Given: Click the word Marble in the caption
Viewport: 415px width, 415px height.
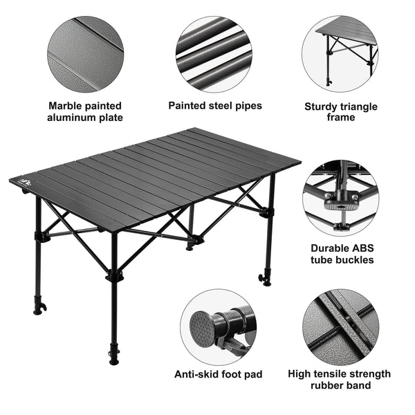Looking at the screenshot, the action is [64, 106].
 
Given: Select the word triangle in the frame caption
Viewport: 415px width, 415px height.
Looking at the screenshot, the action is [358, 107].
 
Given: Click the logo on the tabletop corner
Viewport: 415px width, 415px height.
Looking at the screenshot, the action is [26, 181].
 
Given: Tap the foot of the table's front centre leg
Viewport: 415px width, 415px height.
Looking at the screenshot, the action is [114, 362].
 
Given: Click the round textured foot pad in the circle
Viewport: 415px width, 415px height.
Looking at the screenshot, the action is [201, 329].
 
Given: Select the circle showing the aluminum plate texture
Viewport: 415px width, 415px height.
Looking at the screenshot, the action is [85, 54].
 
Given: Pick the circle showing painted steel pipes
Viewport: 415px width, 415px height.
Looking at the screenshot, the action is [214, 54].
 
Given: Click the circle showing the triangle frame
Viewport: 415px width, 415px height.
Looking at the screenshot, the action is [340, 54].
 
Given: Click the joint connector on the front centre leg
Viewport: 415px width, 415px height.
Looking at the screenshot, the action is [114, 276].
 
